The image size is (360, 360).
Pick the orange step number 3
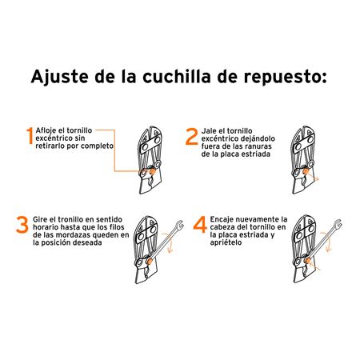23,226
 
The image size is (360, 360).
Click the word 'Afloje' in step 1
49,130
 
